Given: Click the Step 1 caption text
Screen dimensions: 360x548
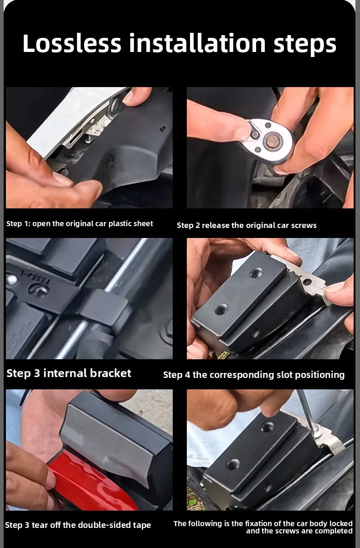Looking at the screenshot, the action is pos(80,223).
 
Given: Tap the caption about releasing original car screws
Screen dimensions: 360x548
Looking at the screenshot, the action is pos(247,225).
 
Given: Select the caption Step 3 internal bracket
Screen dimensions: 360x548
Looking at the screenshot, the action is pos(69,373).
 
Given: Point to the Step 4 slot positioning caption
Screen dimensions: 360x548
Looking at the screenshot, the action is pos(254,375).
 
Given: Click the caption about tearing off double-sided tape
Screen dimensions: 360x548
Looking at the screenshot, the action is pos(78,525).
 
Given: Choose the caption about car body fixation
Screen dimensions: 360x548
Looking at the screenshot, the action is pos(263,527).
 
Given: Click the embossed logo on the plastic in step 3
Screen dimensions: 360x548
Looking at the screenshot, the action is pos(38,290).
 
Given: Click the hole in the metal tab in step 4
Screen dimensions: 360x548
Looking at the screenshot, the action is pos(307,282).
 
